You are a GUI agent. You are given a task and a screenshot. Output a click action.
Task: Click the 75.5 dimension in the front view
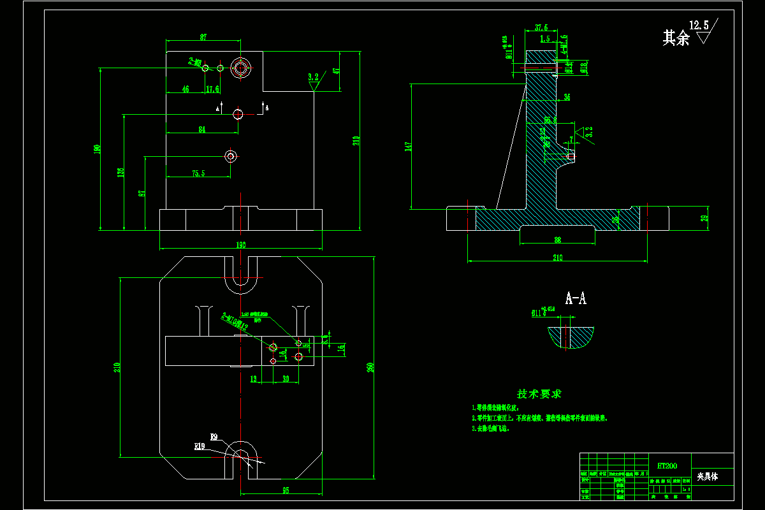(198, 173)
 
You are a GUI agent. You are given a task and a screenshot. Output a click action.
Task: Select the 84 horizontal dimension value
(202, 129)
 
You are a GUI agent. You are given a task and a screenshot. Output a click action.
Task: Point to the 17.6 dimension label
(212, 90)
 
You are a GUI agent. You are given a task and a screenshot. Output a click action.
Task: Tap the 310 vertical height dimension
(356, 140)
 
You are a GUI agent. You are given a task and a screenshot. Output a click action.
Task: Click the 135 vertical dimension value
(120, 172)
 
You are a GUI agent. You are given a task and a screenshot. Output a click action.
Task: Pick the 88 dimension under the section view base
(558, 240)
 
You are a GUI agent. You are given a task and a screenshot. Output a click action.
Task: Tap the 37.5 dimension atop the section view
(541, 27)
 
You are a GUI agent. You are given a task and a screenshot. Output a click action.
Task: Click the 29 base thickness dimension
(704, 219)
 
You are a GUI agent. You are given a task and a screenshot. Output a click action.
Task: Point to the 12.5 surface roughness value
(699, 25)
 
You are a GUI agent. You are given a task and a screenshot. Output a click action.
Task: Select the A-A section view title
(576, 298)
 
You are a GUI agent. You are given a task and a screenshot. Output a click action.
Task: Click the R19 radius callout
(199, 447)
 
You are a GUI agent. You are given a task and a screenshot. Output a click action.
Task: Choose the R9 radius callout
(214, 437)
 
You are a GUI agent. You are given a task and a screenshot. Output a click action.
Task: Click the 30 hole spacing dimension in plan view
(285, 379)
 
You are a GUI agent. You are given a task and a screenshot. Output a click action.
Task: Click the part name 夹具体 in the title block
(707, 476)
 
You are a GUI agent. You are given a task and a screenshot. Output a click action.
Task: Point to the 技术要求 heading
(539, 394)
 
